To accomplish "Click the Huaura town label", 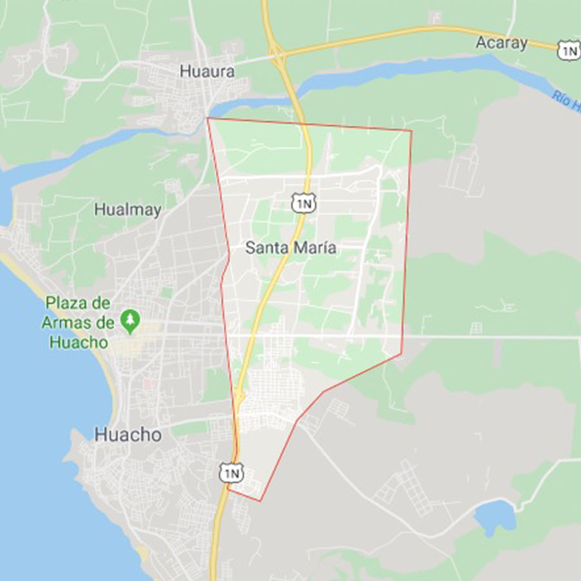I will pos(207,72).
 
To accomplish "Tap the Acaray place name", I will pos(501,43).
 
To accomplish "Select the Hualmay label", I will pos(127,210).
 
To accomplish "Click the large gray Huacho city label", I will pos(128,434).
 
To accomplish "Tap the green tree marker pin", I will pos(130,320).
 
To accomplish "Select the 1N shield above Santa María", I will pos(303,203).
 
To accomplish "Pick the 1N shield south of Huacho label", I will pos(231,473).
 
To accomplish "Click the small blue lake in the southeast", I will pos(495,515).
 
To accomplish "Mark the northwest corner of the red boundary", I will pos(207,118).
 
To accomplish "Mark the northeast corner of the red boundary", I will pos(411,131).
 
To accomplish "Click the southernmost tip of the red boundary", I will pos(260,501).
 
